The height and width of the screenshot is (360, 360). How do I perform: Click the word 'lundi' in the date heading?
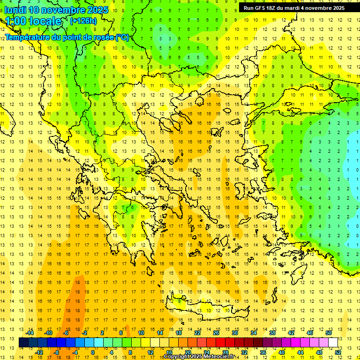tap(15, 10)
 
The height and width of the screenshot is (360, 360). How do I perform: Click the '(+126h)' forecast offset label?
tap(83, 21)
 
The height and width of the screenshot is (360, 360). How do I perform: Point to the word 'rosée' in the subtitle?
tap(102, 37)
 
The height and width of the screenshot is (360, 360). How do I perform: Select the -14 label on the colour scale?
tap(29, 333)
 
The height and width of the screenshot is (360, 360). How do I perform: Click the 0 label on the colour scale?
tap(92, 352)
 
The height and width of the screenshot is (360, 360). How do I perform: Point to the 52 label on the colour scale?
tap(338, 352)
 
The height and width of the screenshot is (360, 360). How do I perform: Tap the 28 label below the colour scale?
tap(225, 352)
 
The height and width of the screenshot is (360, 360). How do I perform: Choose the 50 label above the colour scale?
tap(328, 333)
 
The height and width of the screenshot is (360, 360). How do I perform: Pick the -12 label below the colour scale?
tap(39, 352)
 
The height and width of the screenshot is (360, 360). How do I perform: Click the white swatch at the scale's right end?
tap(333, 342)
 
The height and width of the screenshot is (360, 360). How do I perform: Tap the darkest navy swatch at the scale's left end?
tap(23, 342)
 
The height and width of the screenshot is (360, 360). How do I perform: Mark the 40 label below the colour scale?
tap(281, 352)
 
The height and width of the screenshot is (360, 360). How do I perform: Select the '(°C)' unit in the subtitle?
tap(122, 37)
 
